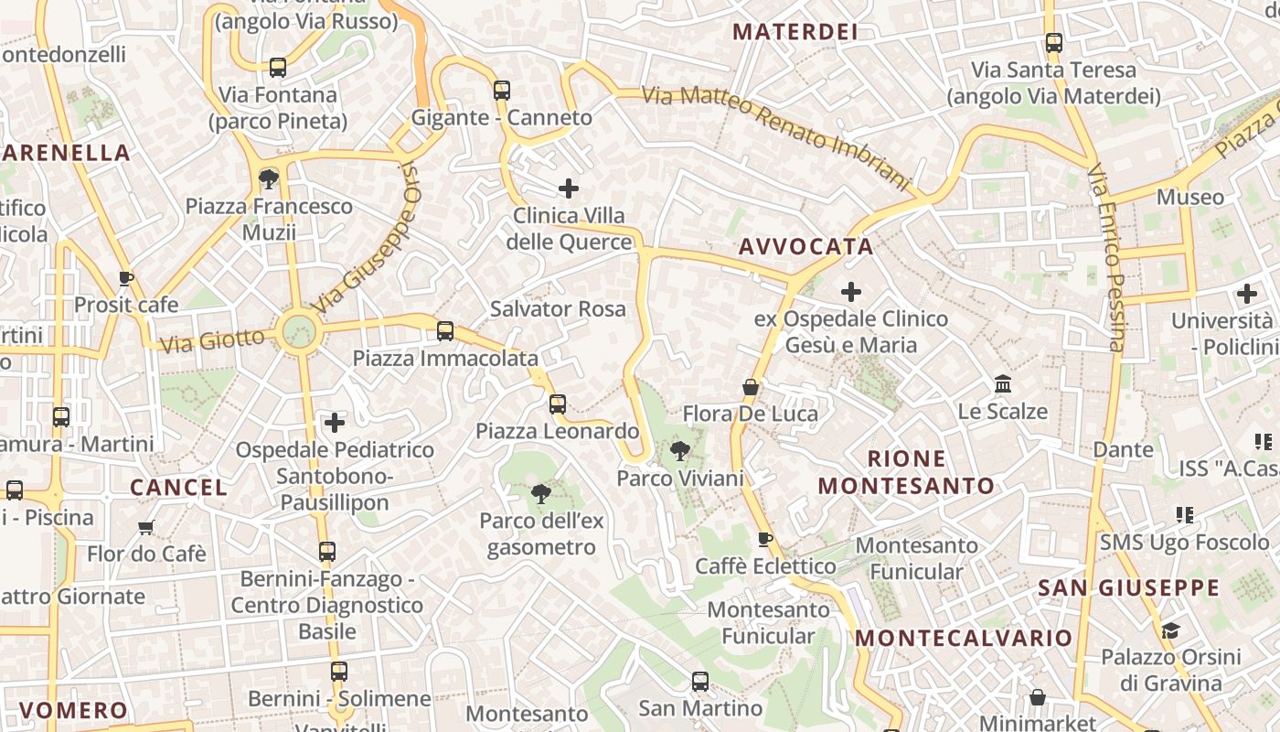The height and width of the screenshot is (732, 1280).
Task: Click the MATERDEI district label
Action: click(x=795, y=32)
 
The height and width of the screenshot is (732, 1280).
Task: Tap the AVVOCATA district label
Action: click(x=805, y=246)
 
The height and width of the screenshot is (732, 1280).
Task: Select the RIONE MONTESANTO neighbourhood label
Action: click(x=906, y=472)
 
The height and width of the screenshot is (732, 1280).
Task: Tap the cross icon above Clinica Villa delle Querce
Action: click(x=569, y=189)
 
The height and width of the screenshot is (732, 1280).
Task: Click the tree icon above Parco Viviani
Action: click(x=679, y=449)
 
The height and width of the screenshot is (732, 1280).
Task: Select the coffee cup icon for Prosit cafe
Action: click(x=126, y=278)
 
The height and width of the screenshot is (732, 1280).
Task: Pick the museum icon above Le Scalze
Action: click(x=1003, y=384)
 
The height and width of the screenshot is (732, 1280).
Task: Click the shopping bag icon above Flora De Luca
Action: click(x=751, y=387)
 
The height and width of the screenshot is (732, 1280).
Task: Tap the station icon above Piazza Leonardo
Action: click(x=558, y=404)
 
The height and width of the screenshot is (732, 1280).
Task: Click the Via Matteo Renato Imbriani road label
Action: click(x=777, y=137)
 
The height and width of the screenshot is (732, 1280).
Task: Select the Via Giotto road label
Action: click(x=212, y=341)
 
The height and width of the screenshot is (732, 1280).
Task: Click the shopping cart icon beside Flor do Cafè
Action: click(x=146, y=527)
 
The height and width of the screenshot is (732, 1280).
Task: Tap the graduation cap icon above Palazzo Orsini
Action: click(x=1170, y=630)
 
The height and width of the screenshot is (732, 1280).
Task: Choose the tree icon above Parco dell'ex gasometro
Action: click(x=541, y=494)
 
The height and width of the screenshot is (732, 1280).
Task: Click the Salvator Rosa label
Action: click(x=558, y=308)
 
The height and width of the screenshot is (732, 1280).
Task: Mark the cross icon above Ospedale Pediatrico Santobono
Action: click(x=335, y=423)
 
